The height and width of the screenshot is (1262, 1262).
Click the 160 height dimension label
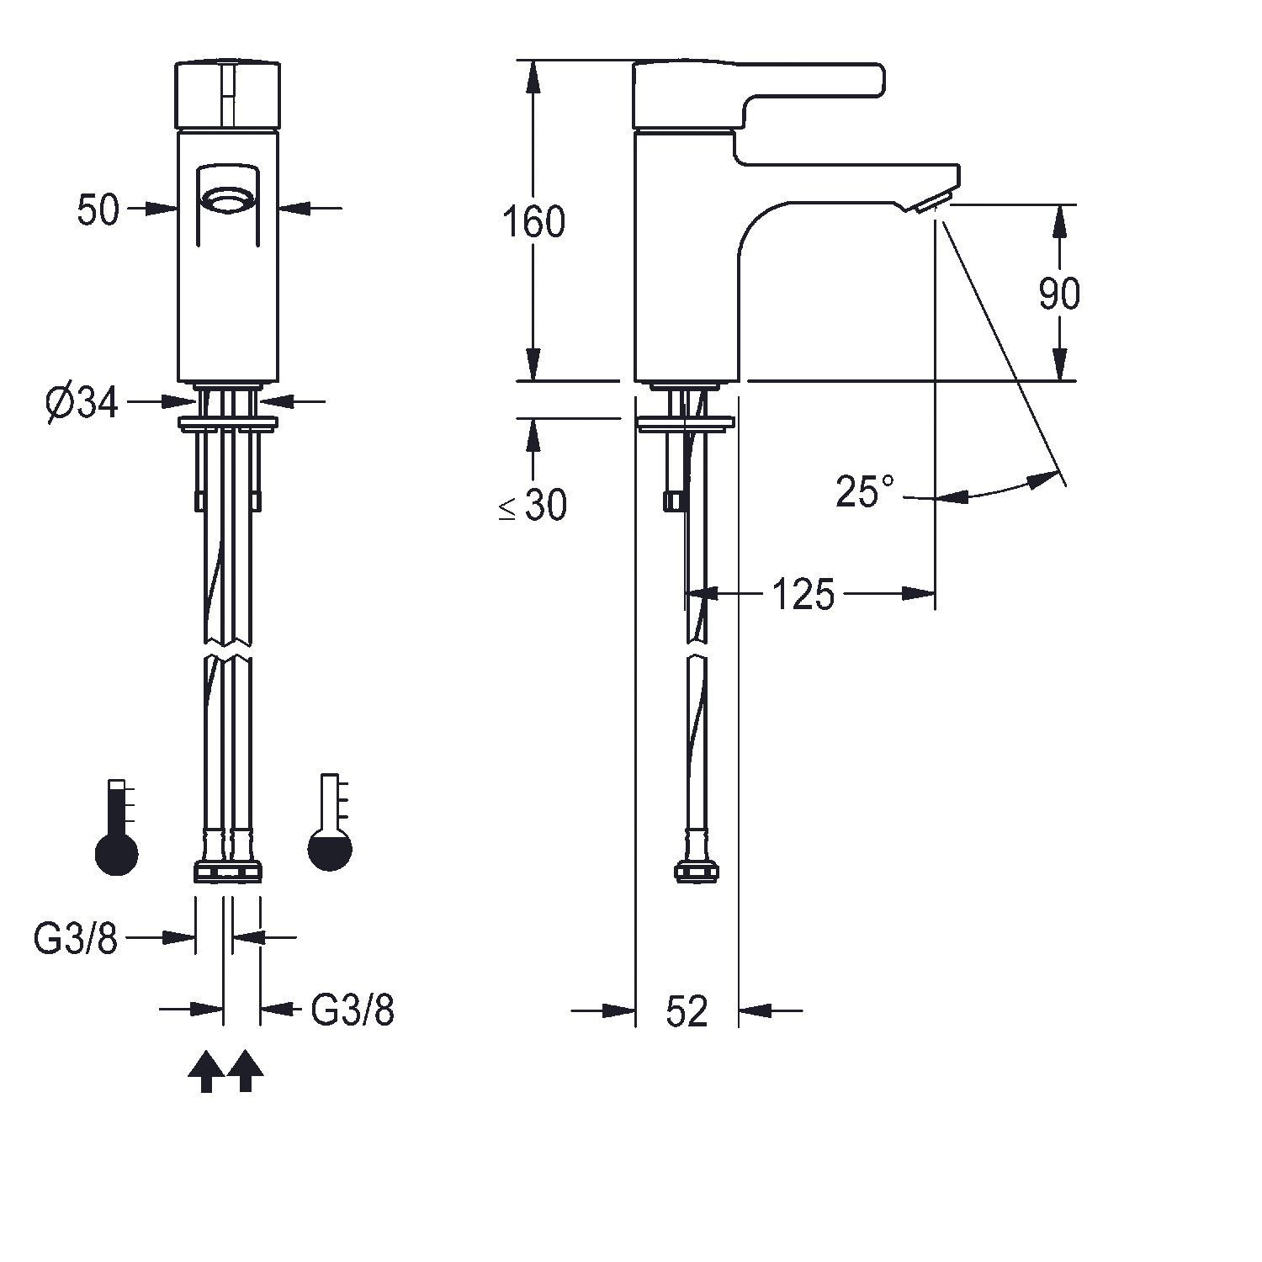click(x=533, y=222)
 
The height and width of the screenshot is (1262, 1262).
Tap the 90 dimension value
click(x=1059, y=294)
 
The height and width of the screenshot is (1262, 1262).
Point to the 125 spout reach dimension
click(x=803, y=595)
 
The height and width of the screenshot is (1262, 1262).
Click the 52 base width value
click(x=687, y=1010)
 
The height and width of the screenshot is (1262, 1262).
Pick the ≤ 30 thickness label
click(x=533, y=505)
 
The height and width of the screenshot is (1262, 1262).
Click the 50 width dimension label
click(x=98, y=209)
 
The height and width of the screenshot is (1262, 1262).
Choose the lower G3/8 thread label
click(x=353, y=1010)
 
